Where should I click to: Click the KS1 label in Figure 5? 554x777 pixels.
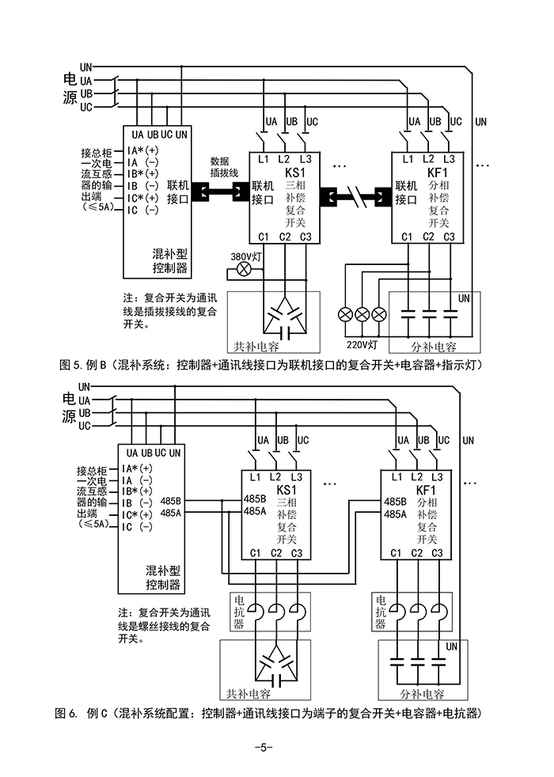(294, 172)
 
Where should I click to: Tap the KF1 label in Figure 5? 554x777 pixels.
(438, 172)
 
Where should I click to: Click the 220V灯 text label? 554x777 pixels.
(362, 344)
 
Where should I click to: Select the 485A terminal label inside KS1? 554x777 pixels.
(255, 512)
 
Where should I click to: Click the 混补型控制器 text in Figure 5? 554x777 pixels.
(170, 262)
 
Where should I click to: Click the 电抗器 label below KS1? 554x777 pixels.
(238, 612)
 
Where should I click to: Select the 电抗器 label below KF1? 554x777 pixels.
(381, 612)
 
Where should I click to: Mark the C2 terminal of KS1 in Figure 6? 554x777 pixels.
(276, 552)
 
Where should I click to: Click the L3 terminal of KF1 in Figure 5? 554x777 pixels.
(449, 159)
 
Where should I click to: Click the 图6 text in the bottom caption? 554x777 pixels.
(66, 713)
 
